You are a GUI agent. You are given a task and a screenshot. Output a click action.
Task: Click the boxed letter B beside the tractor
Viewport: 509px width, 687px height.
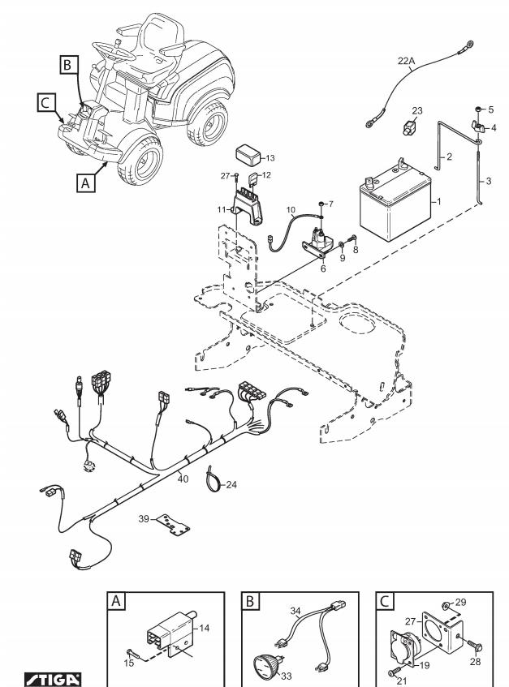[68, 65]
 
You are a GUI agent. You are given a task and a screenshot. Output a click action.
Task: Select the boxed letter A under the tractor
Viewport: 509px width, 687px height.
[85, 182]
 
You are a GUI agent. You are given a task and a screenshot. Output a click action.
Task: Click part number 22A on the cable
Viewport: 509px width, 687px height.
[406, 61]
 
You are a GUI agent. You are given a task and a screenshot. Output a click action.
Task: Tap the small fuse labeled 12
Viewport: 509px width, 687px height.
[254, 179]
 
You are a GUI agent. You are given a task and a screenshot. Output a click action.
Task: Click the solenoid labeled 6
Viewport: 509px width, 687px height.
[320, 243]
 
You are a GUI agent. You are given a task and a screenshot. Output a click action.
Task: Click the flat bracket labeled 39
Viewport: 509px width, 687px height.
[175, 525]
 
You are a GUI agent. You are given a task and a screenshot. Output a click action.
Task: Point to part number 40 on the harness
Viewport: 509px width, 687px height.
[183, 479]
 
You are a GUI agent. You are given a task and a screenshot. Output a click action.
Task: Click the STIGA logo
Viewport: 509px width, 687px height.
[53, 679]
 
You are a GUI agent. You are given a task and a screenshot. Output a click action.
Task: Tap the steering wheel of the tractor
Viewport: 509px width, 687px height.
[113, 51]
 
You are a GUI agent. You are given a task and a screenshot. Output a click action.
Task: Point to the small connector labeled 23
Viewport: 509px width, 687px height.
[409, 127]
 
